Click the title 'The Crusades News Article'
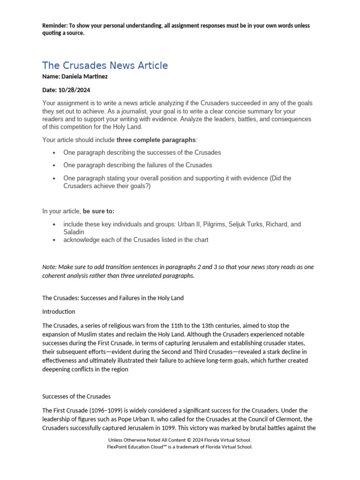(x=105, y=66)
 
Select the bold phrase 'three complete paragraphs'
(x=156, y=140)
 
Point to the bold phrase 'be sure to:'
(x=98, y=211)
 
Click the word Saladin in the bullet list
(x=74, y=232)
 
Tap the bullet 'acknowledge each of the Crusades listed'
(x=136, y=240)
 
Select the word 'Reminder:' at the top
(x=56, y=26)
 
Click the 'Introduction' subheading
(x=59, y=311)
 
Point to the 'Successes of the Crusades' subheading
(x=76, y=397)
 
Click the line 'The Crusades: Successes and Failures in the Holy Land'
(x=113, y=298)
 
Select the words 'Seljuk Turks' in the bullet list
(x=244, y=225)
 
